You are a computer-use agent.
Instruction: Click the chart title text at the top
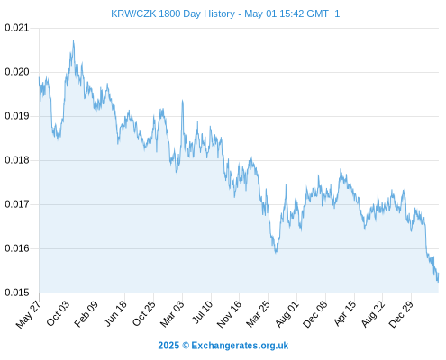(x=225, y=13)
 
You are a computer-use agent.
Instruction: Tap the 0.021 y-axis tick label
(x=17, y=28)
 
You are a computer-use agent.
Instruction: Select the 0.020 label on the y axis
(x=17, y=72)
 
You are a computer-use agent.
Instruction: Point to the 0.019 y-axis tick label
(x=17, y=116)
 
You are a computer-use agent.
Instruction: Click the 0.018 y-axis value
(x=17, y=160)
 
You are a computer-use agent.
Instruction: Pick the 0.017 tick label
(x=17, y=204)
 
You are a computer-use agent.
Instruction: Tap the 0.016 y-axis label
(x=17, y=248)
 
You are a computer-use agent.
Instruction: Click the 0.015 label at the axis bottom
(x=17, y=292)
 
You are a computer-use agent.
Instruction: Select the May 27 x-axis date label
(x=28, y=314)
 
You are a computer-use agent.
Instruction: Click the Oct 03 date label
(x=58, y=313)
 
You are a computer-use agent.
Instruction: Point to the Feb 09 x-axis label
(x=86, y=314)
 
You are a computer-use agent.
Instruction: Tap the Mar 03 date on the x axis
(x=172, y=314)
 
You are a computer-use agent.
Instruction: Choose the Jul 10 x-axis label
(x=203, y=312)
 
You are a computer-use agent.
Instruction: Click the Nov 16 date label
(x=229, y=314)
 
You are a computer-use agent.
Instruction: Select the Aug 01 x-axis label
(x=287, y=314)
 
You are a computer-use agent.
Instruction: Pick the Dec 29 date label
(x=401, y=314)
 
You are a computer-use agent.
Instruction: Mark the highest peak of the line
(x=73, y=40)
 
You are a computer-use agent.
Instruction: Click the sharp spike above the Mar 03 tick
(x=182, y=101)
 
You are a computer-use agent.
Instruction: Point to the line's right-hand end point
(x=439, y=274)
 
